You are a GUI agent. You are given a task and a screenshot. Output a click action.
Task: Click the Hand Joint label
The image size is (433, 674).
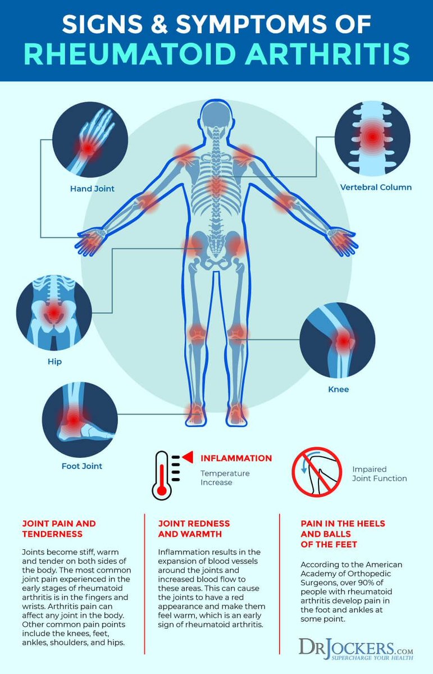point(92,189)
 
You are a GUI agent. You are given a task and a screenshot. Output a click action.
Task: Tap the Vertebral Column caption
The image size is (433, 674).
point(375,187)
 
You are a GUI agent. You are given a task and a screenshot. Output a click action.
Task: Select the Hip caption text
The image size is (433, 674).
point(54,362)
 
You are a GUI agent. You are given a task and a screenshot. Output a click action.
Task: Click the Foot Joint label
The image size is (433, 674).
point(82,466)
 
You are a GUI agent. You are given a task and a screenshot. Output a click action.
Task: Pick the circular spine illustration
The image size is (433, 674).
point(372,137)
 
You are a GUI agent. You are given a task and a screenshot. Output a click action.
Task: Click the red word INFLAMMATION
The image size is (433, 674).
point(236,458)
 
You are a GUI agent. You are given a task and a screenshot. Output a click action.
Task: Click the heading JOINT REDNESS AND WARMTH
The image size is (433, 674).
point(194,528)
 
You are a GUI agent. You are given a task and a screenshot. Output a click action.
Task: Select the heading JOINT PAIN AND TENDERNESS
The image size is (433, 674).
point(52,528)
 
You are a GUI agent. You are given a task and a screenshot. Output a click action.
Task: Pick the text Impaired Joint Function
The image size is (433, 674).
point(379,473)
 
